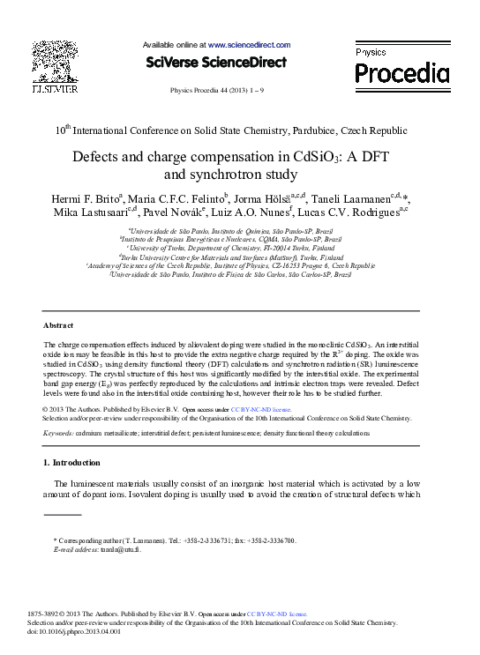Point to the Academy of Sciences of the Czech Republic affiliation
click(242, 264)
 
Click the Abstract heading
click(58, 324)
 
